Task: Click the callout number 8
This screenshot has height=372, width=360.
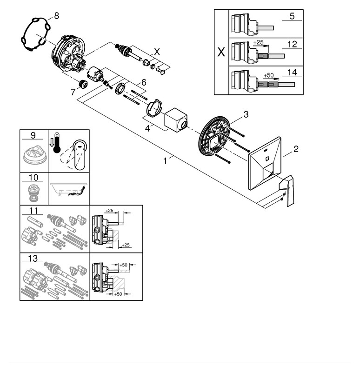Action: point(56,16)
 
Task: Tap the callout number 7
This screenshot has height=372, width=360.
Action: point(73,92)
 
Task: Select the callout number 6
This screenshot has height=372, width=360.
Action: point(144,82)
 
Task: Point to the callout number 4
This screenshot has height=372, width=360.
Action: point(147,127)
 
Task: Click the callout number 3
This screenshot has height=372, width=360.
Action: point(246,114)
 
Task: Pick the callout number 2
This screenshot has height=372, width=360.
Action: point(296,150)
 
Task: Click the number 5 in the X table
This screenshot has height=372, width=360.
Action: point(292,16)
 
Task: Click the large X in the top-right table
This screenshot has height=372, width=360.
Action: point(221,52)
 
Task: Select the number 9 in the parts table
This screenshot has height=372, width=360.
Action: point(33,135)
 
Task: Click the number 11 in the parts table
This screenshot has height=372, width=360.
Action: point(33,211)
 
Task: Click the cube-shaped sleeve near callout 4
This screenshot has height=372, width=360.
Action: point(176,120)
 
